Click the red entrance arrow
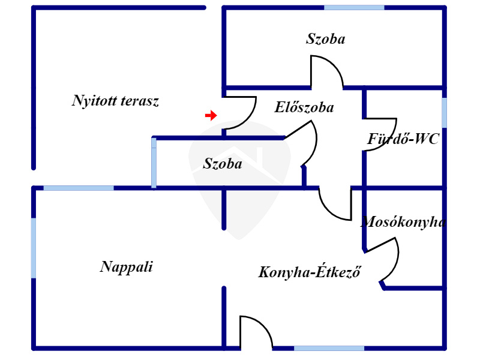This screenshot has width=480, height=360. click(211, 115)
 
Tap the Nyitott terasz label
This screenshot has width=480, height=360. click(115, 101)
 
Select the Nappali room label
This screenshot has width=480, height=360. click(126, 267)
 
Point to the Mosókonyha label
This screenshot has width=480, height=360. click(403, 222)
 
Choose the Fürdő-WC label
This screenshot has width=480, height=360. click(403, 139)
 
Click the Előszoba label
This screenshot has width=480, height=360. click(304, 108)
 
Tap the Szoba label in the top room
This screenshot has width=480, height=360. click(326, 40)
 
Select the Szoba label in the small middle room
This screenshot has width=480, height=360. click(223, 163)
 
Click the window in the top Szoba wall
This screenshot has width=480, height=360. click(354, 7)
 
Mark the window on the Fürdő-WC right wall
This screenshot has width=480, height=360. click(444, 112)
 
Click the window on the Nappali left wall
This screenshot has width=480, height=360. click(34, 248)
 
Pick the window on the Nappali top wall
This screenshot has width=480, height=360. click(79, 188)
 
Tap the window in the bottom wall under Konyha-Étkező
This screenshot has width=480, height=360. click(329, 348)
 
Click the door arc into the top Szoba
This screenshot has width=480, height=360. click(326, 71)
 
